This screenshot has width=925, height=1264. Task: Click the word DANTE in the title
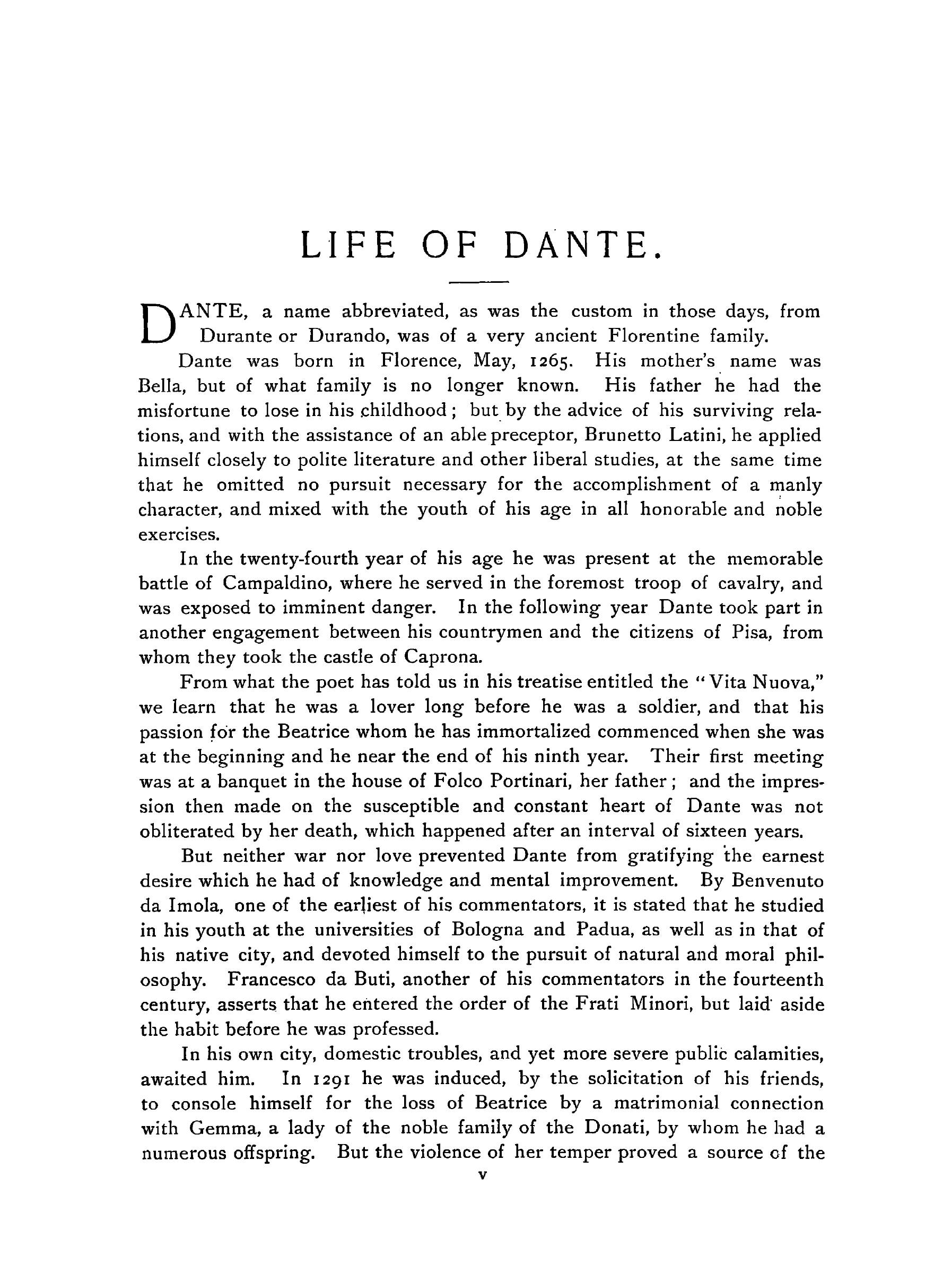[x=582, y=246]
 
